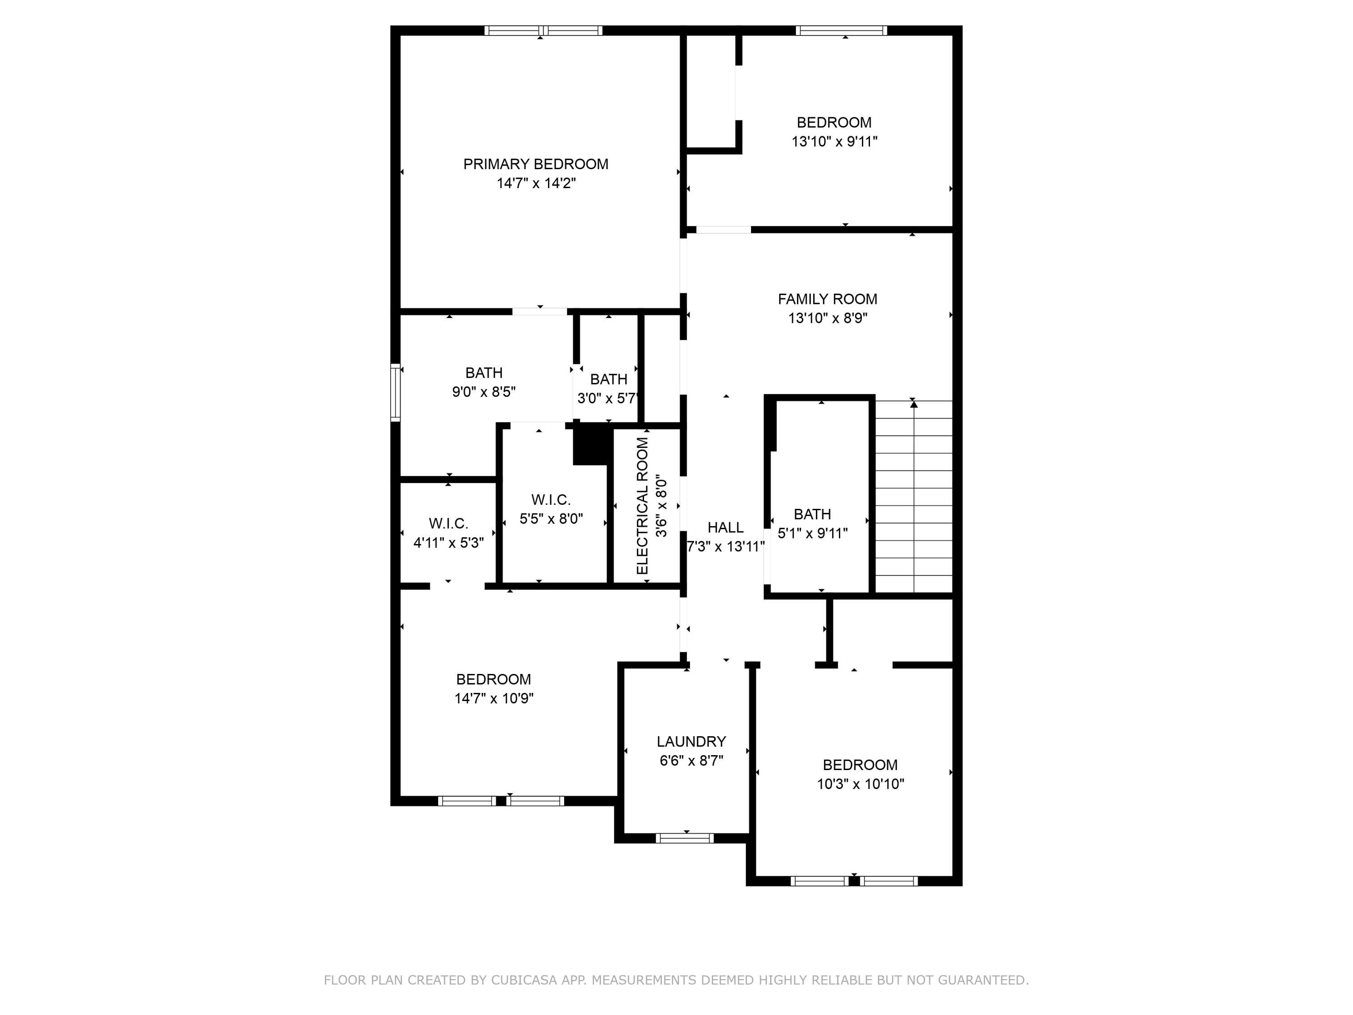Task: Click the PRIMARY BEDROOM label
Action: point(535,164)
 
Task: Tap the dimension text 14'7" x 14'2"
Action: point(536,183)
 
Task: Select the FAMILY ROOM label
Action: point(827,299)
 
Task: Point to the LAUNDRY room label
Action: point(691,742)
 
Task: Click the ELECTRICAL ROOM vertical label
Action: point(642,506)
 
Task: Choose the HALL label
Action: point(725,527)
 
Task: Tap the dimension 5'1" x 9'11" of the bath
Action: point(812,533)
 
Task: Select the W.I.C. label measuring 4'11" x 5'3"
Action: point(448,524)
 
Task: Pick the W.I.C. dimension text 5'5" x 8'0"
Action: point(551,519)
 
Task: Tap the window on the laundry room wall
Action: point(685,838)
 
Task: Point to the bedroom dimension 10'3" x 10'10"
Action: point(860,784)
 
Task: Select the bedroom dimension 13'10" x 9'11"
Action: point(834,141)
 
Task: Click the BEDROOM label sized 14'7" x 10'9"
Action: point(493,679)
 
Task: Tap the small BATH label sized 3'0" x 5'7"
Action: point(608,379)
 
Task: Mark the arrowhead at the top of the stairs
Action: point(914,404)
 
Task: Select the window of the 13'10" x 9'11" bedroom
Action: point(841,31)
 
